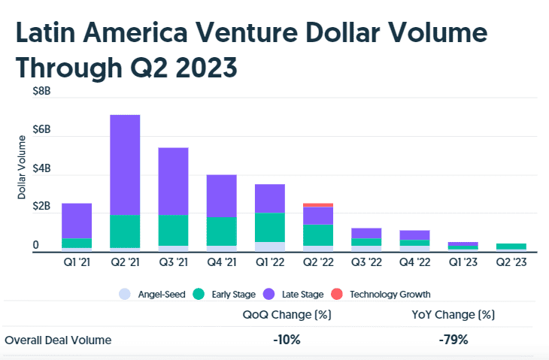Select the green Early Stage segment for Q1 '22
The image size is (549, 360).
[270, 227]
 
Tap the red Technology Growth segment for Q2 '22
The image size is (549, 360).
[318, 204]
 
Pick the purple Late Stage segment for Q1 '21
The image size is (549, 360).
[77, 220]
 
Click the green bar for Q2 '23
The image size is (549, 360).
[511, 246]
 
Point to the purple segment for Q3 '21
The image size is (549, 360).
[173, 181]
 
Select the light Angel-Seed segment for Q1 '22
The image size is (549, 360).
[270, 246]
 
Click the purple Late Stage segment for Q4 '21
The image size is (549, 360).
[222, 195]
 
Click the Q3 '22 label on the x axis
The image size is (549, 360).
[366, 262]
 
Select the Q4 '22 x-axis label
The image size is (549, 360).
[414, 262]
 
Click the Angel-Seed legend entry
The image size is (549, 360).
[154, 294]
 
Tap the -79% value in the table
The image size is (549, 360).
[453, 340]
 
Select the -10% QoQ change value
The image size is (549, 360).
[287, 340]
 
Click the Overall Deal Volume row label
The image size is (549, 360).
[58, 340]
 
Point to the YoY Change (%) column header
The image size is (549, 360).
[453, 314]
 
